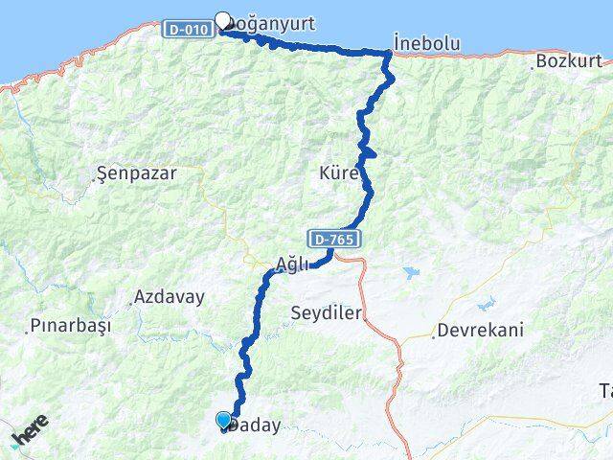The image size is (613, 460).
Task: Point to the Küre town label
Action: click(339, 173)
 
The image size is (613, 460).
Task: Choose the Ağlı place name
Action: click(291, 264)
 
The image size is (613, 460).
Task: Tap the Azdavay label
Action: click(170, 297)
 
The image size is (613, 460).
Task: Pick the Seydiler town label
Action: click(326, 313)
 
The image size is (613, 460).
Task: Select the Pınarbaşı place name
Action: click(70, 326)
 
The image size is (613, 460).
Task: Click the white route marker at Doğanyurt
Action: click(223, 20)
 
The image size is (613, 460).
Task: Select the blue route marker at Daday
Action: click(224, 420)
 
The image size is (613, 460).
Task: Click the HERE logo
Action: click(29, 436)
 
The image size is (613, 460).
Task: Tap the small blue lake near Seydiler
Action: click(410, 273)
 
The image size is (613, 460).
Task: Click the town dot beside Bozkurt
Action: click(533, 68)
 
